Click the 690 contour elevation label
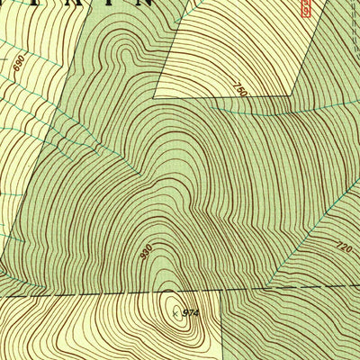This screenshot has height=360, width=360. coord(18,63)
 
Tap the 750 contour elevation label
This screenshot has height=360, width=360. coord(238,90)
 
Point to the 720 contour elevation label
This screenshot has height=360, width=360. coord(340,245)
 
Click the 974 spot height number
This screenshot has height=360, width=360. coord(189,312)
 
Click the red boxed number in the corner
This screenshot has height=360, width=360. coord(306,8)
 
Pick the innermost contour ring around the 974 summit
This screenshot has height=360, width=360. coord(172,311)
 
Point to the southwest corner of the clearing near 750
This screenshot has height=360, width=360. coord(157,95)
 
